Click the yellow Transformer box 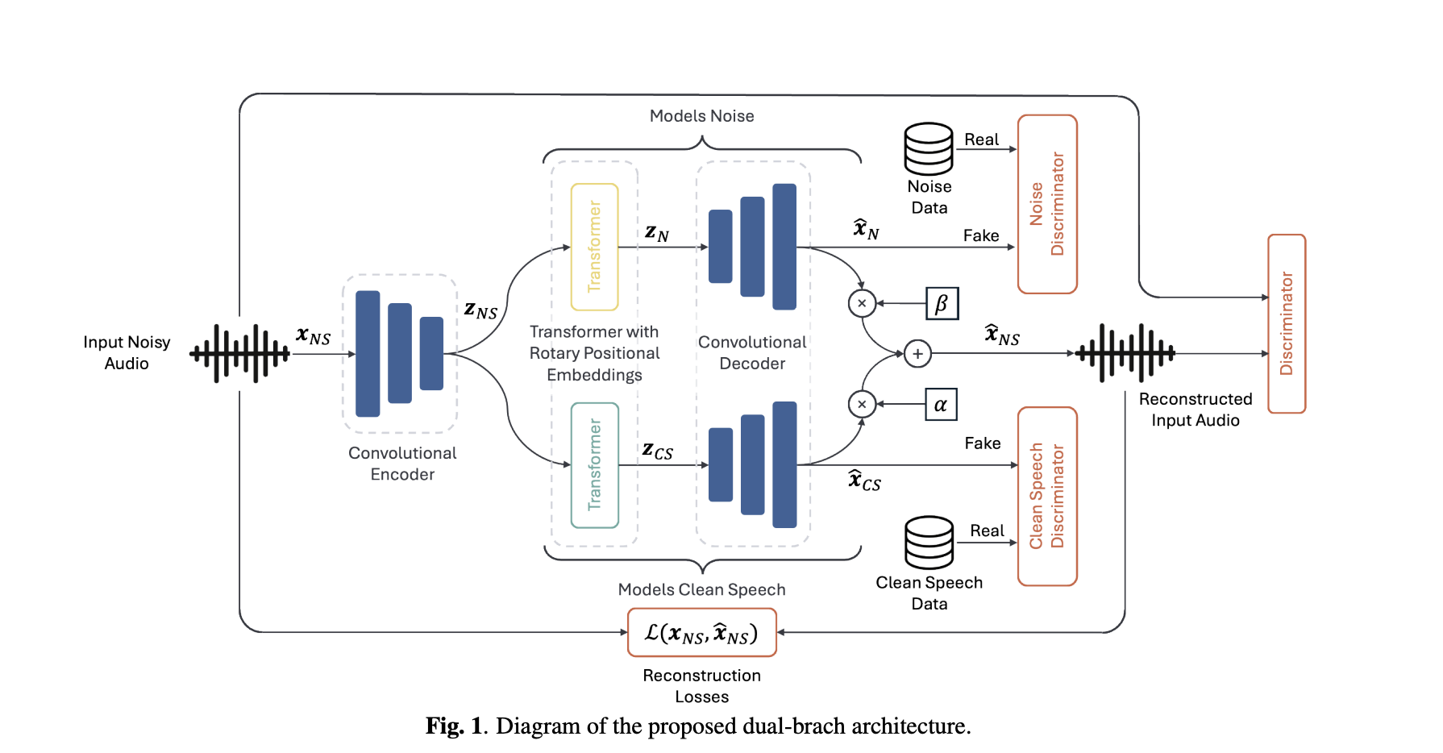[594, 247]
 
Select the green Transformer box [594, 465]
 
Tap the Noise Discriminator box [1047, 204]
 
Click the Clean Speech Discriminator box [1047, 496]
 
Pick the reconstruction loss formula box [701, 633]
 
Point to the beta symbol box [942, 304]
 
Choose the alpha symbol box [941, 405]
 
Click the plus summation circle [917, 354]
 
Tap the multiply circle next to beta [862, 304]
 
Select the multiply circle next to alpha [862, 405]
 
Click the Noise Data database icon [929, 149]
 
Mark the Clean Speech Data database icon [929, 543]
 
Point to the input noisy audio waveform [239, 353]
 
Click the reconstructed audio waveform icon [1125, 353]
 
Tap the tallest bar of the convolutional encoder [368, 353]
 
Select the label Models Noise [701, 116]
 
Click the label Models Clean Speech [701, 589]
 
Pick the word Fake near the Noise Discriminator [981, 235]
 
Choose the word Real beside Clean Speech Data [987, 530]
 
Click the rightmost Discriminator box [1286, 323]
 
